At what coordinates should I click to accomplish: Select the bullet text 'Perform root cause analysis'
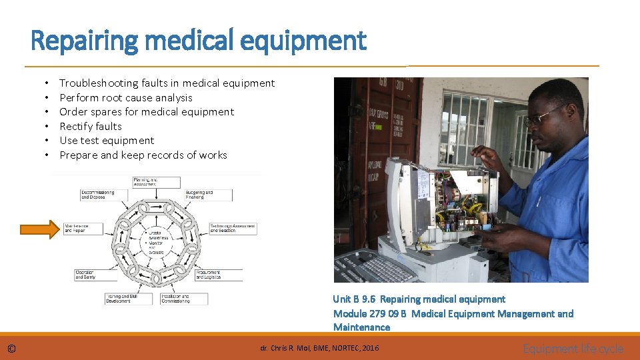(125, 97)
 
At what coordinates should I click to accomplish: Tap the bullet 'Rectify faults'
(91, 126)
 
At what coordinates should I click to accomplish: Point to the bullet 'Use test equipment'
(107, 141)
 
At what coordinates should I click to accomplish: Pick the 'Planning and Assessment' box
(156, 181)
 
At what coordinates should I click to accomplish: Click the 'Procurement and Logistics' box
(218, 274)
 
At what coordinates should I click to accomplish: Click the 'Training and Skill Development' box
(129, 298)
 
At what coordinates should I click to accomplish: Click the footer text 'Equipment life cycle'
(573, 349)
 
